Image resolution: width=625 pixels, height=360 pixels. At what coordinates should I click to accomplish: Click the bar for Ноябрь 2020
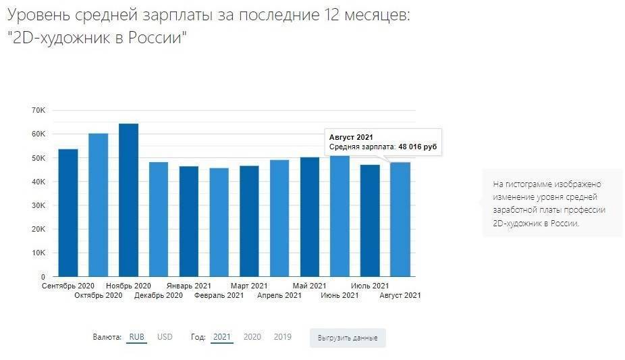(x=128, y=200)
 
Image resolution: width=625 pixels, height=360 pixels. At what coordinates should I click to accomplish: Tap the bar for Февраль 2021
(x=219, y=222)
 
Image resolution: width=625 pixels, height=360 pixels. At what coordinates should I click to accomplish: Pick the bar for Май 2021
(x=310, y=217)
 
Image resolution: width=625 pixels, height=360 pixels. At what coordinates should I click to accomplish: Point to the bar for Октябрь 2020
(x=99, y=205)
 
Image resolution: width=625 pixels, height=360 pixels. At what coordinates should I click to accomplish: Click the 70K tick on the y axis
(x=38, y=110)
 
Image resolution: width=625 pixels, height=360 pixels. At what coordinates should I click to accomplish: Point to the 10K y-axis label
(x=38, y=253)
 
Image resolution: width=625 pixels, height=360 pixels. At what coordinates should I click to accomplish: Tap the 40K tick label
(x=38, y=182)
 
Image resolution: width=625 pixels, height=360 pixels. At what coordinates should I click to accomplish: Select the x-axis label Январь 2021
(x=189, y=286)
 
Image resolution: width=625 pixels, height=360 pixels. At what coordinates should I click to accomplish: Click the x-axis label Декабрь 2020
(x=159, y=295)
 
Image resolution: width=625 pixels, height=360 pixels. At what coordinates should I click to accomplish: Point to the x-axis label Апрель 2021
(x=279, y=295)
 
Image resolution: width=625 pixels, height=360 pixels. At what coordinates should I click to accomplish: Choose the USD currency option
(x=165, y=336)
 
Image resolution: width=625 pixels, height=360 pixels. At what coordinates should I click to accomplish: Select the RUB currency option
(x=136, y=336)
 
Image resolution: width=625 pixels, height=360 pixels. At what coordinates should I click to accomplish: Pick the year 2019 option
(x=283, y=336)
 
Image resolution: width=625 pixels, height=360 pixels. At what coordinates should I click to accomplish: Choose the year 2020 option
(x=252, y=336)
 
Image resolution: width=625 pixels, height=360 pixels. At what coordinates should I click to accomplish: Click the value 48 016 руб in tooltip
(x=417, y=147)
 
